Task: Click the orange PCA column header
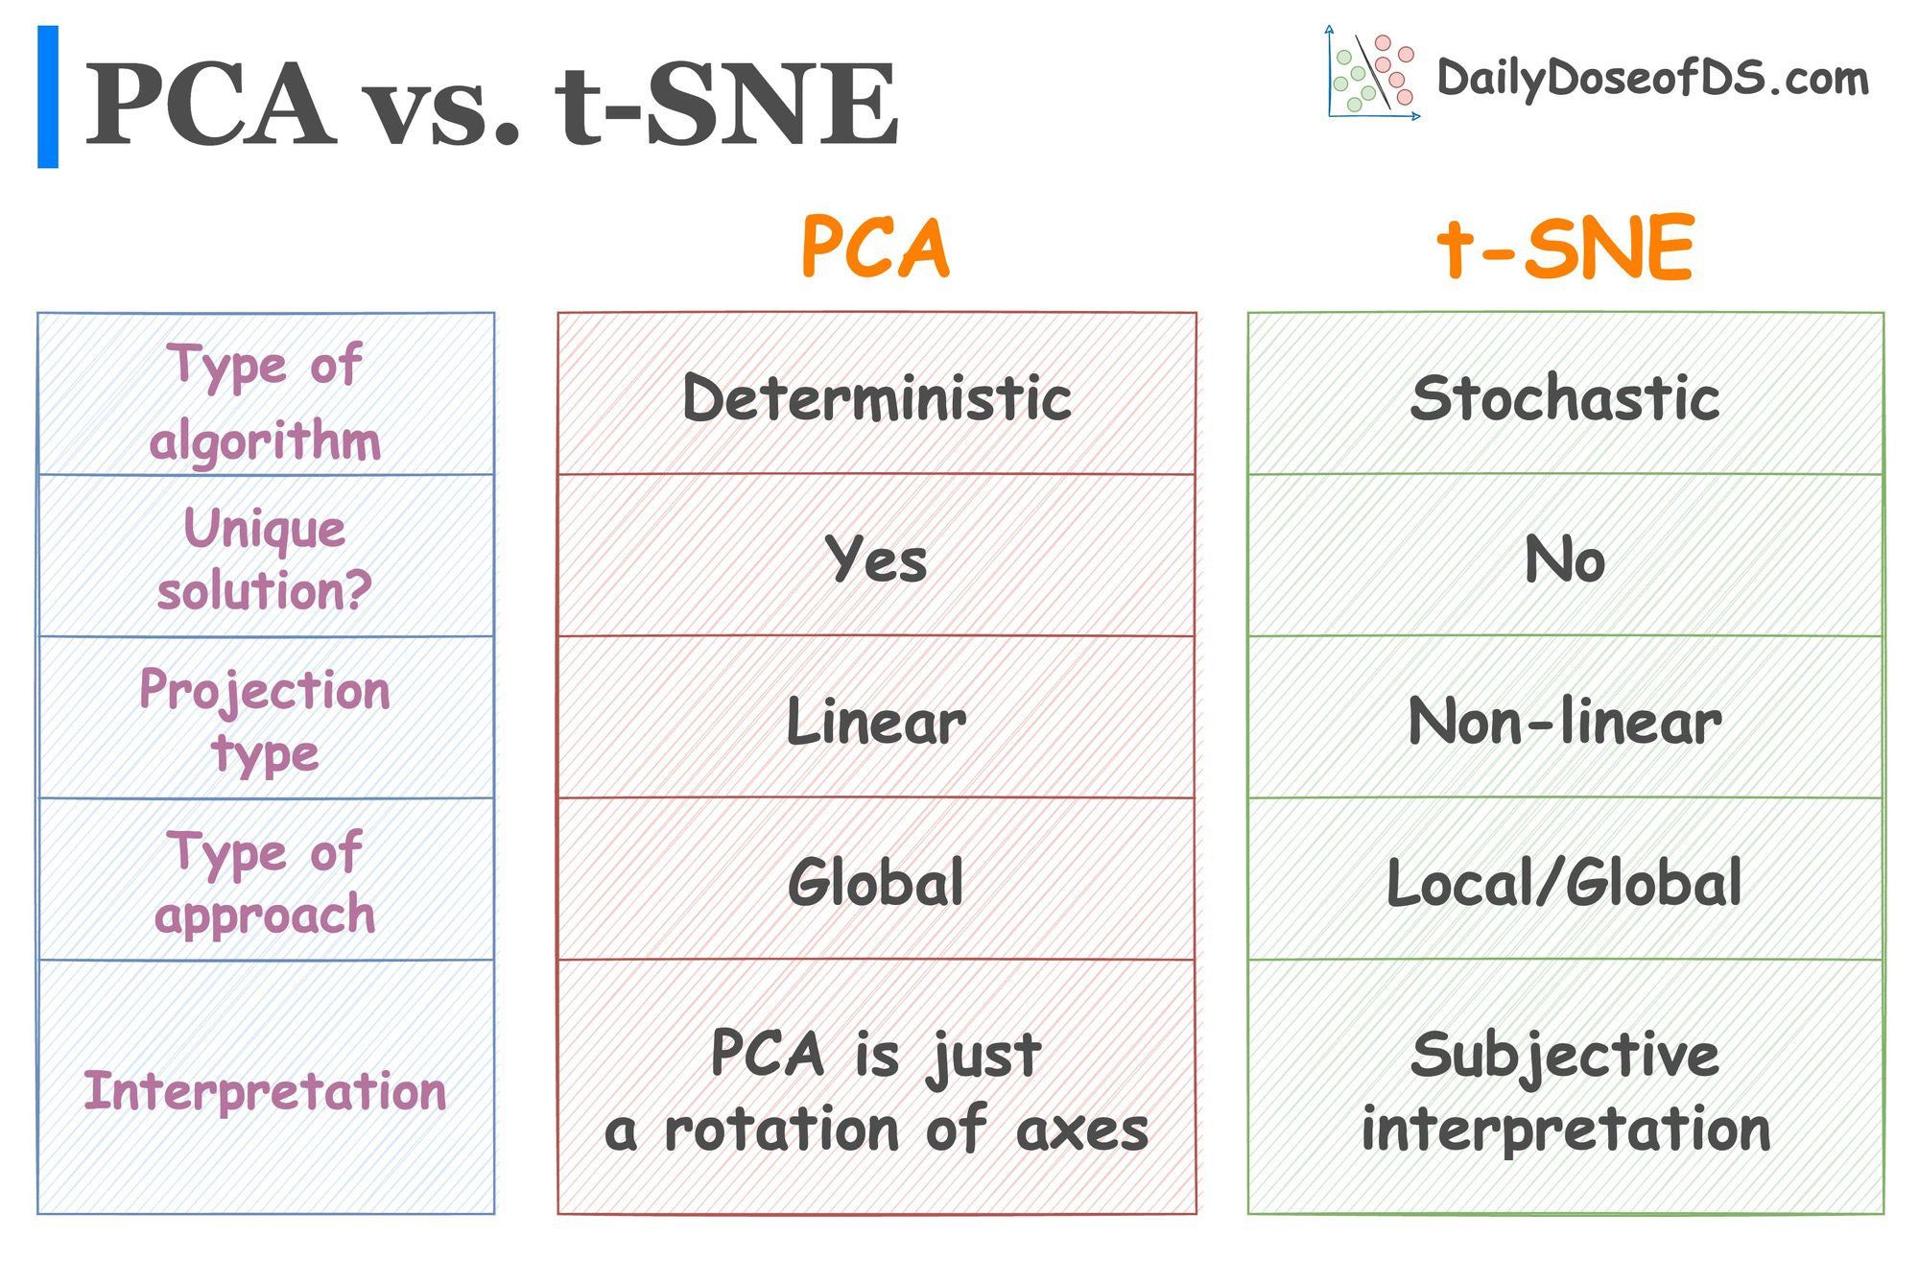tap(875, 248)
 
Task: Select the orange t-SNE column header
tap(1565, 248)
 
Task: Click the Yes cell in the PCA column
tap(876, 558)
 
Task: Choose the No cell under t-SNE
tap(1565, 558)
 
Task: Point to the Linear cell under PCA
tap(876, 720)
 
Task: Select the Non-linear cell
tap(1565, 720)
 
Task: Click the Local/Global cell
tap(1565, 881)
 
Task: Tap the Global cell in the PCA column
tap(876, 881)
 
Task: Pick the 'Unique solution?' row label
tap(265, 558)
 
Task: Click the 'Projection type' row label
tap(265, 720)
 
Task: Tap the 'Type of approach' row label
tap(265, 881)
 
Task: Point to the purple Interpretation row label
tap(265, 1090)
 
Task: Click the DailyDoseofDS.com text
tap(1652, 78)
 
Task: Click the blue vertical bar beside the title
tap(48, 97)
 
